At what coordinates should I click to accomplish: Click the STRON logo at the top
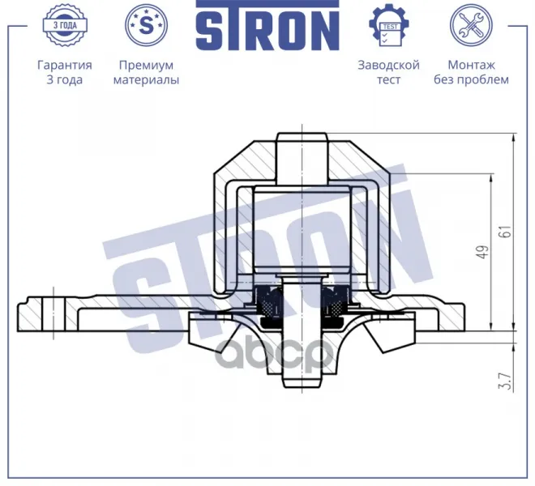[x=267, y=25]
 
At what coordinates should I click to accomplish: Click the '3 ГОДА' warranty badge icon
[x=65, y=25]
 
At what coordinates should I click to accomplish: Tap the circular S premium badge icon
[x=147, y=25]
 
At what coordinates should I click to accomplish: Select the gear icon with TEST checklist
[x=389, y=25]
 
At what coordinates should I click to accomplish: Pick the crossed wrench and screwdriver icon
[x=471, y=25]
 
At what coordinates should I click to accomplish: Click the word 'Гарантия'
[x=65, y=65]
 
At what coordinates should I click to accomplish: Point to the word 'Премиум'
[x=147, y=65]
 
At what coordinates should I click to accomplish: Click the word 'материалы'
[x=147, y=80]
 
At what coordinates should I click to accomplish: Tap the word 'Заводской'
[x=388, y=65]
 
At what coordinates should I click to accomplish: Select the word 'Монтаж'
[x=471, y=65]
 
